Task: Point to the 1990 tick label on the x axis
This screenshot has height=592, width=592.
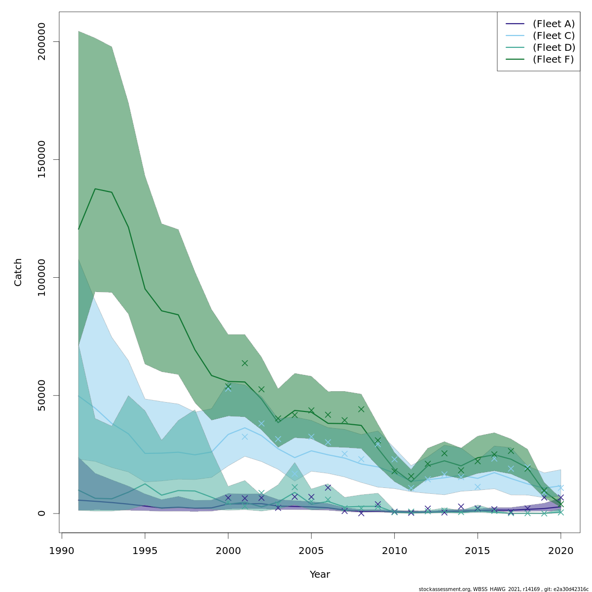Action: [62, 551]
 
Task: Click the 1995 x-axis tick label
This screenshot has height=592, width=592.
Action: [145, 551]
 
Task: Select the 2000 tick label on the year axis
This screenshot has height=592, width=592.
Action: [228, 551]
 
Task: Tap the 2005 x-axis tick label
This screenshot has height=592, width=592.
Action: [311, 551]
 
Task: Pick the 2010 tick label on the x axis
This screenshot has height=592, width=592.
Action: [394, 551]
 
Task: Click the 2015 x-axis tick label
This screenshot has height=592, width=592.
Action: [478, 551]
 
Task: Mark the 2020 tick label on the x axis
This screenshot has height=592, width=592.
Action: [560, 551]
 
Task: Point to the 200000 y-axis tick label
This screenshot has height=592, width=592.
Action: [41, 41]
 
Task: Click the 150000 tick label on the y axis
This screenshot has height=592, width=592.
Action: [41, 159]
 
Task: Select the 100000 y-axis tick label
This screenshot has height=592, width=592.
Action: [41, 277]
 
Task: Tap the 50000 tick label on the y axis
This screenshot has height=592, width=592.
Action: [41, 395]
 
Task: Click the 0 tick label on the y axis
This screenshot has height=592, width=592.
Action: [41, 513]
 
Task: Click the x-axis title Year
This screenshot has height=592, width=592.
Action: [320, 575]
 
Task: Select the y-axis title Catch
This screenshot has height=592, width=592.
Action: [18, 272]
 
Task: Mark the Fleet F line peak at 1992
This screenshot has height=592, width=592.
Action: [95, 189]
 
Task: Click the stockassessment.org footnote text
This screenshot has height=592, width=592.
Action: [503, 589]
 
